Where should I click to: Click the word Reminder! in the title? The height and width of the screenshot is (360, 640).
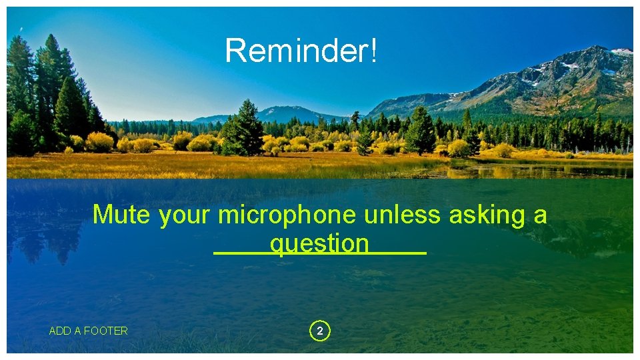(x=301, y=51)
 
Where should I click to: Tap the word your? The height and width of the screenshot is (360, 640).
(x=185, y=215)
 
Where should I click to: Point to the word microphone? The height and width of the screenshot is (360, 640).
(x=287, y=215)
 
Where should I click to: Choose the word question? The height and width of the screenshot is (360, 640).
(x=319, y=244)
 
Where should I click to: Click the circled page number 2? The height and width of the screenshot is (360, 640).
(x=320, y=331)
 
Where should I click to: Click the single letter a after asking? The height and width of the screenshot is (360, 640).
(x=540, y=215)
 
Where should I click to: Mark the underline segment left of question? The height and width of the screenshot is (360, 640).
(x=241, y=253)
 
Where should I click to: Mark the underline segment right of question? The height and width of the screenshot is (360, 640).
(x=398, y=253)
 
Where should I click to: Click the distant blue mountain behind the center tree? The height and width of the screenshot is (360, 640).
(x=287, y=113)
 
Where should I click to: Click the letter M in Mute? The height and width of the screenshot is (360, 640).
(x=102, y=215)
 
